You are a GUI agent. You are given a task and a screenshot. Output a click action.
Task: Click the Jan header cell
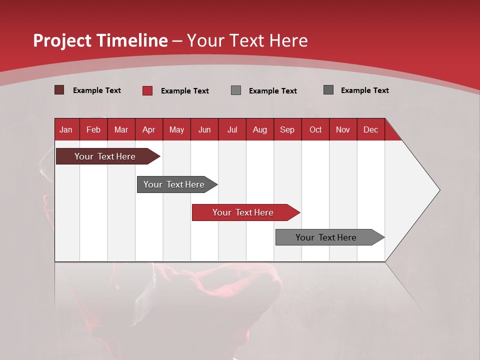coord(66,129)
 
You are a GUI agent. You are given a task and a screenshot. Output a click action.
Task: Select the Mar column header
coord(121,129)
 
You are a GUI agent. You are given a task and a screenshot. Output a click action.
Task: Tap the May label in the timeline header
coord(176,129)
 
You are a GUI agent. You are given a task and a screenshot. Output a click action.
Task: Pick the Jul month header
coord(232,129)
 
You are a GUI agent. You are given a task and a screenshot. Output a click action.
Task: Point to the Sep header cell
coord(287,129)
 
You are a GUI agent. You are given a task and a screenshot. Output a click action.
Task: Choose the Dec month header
coord(370,129)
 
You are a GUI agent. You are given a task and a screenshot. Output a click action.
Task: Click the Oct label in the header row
coord(315,129)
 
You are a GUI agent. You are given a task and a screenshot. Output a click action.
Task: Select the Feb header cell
coord(93,129)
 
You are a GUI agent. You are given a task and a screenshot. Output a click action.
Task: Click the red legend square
coord(147,90)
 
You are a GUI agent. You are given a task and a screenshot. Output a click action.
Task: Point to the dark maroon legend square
coord(59,90)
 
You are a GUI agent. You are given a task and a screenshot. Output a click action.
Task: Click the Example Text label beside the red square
coord(184,91)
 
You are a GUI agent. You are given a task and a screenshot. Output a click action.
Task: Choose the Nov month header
coord(343,129)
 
